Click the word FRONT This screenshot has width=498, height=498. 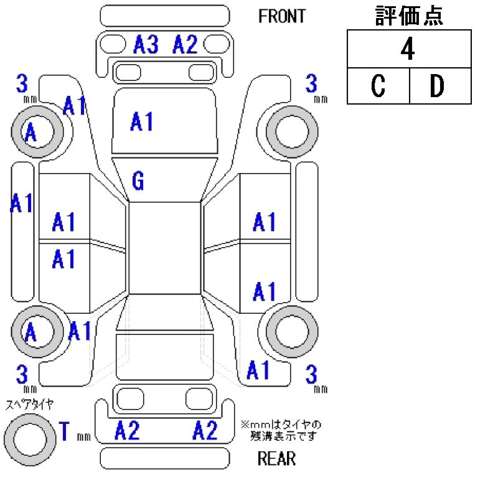(x=282, y=16)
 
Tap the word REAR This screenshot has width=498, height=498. (x=276, y=459)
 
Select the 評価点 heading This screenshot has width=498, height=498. (x=409, y=16)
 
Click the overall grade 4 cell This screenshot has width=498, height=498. (x=408, y=50)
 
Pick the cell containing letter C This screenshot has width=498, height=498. (x=378, y=87)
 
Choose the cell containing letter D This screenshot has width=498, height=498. (x=439, y=87)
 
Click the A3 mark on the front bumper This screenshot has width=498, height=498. (x=146, y=45)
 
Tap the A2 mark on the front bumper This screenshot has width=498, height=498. (x=185, y=45)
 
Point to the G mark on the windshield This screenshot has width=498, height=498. (x=138, y=181)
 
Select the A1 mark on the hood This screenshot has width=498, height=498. (x=142, y=122)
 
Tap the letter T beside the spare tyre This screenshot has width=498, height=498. (x=63, y=431)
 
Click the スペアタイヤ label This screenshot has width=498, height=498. (x=29, y=404)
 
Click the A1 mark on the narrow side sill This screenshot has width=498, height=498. (x=22, y=203)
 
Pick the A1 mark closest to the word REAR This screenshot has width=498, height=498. (x=258, y=370)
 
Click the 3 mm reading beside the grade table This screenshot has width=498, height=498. (x=313, y=86)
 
